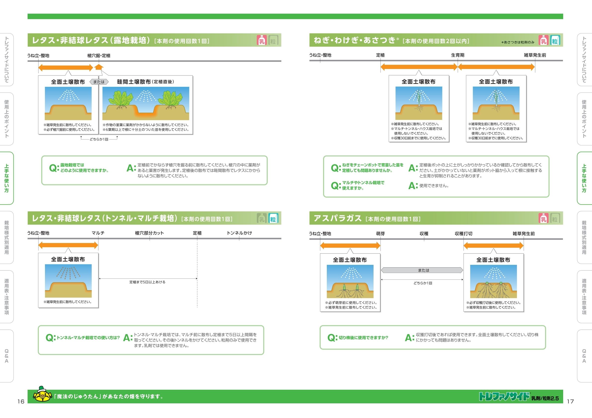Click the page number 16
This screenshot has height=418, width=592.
coord(21,401)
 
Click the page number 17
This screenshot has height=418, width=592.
coord(570,401)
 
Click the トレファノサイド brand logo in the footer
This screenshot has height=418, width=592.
coord(504,397)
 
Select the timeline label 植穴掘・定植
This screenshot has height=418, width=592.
coord(99,56)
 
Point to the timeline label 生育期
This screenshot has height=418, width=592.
coord(458,55)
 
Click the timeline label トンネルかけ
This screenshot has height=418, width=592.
coord(239,233)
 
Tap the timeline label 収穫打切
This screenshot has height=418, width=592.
coord(464,234)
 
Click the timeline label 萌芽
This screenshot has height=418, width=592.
coord(380,234)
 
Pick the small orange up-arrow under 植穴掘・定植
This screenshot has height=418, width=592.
coord(99,67)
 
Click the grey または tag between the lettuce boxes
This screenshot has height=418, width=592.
coord(99,82)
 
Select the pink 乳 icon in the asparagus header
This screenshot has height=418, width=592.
coord(544,219)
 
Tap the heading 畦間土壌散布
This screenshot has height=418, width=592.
coord(134,82)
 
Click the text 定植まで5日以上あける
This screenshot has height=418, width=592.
coord(147,282)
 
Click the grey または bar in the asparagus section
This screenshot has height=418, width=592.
coord(422,270)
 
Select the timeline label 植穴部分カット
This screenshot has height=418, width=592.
coord(150,233)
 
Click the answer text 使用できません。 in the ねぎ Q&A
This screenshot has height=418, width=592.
coord(434,186)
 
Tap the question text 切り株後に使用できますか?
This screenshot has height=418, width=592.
coord(363,338)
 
